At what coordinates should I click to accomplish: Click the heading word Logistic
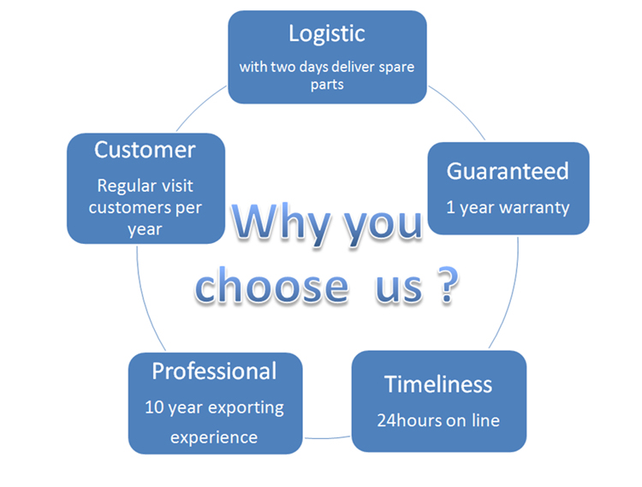327,33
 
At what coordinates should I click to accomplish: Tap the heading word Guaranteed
508,170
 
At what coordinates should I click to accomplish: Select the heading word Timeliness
438,383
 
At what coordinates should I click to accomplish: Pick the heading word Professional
214,371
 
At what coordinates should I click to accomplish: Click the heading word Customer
145,150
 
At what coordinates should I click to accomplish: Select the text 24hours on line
438,420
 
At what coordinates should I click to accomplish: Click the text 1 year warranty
508,207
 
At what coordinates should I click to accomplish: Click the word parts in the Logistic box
327,86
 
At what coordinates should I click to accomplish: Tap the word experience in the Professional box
214,437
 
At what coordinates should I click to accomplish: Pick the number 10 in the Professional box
155,408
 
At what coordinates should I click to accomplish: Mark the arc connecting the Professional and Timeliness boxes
326,438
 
